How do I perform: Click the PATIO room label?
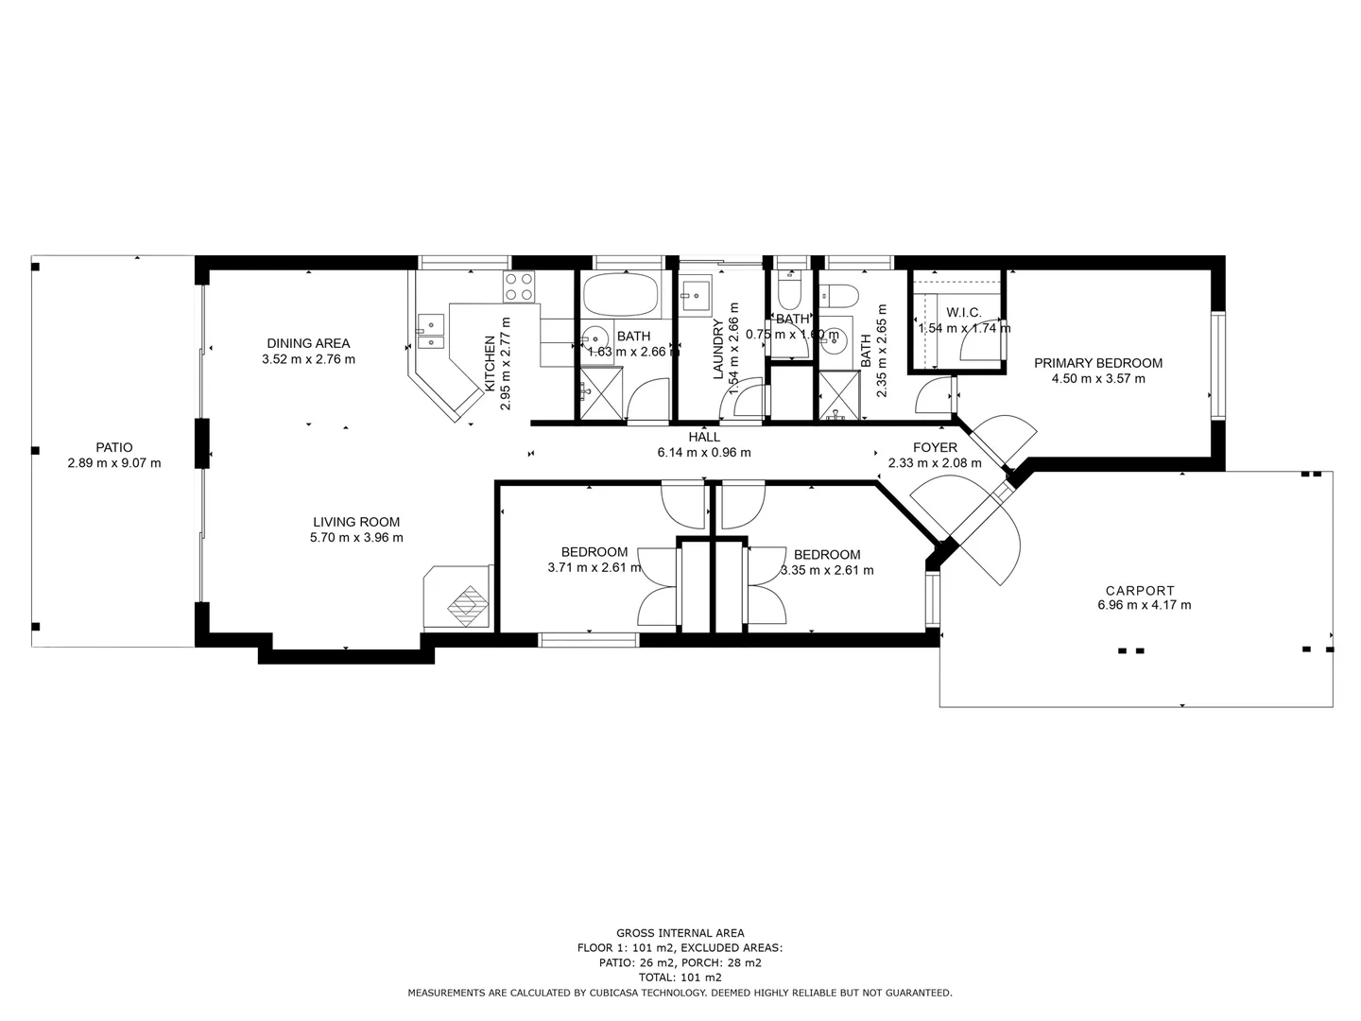tap(113, 447)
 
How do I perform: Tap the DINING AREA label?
tap(308, 343)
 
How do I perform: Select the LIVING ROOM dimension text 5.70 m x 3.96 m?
tap(356, 538)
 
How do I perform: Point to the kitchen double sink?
tap(430, 331)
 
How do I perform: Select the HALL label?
tap(704, 437)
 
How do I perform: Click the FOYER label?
tap(935, 447)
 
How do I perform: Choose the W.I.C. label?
tap(963, 313)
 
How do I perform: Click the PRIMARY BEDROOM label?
tap(1097, 363)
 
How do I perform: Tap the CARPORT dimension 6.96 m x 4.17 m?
tap(1144, 605)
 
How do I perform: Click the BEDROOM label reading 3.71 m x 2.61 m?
tap(594, 552)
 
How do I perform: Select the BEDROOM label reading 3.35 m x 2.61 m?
tap(827, 555)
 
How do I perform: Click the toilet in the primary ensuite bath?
tap(837, 296)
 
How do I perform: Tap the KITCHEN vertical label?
tap(490, 364)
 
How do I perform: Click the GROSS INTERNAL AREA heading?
tap(680, 933)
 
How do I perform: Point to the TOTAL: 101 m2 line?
tap(680, 978)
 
